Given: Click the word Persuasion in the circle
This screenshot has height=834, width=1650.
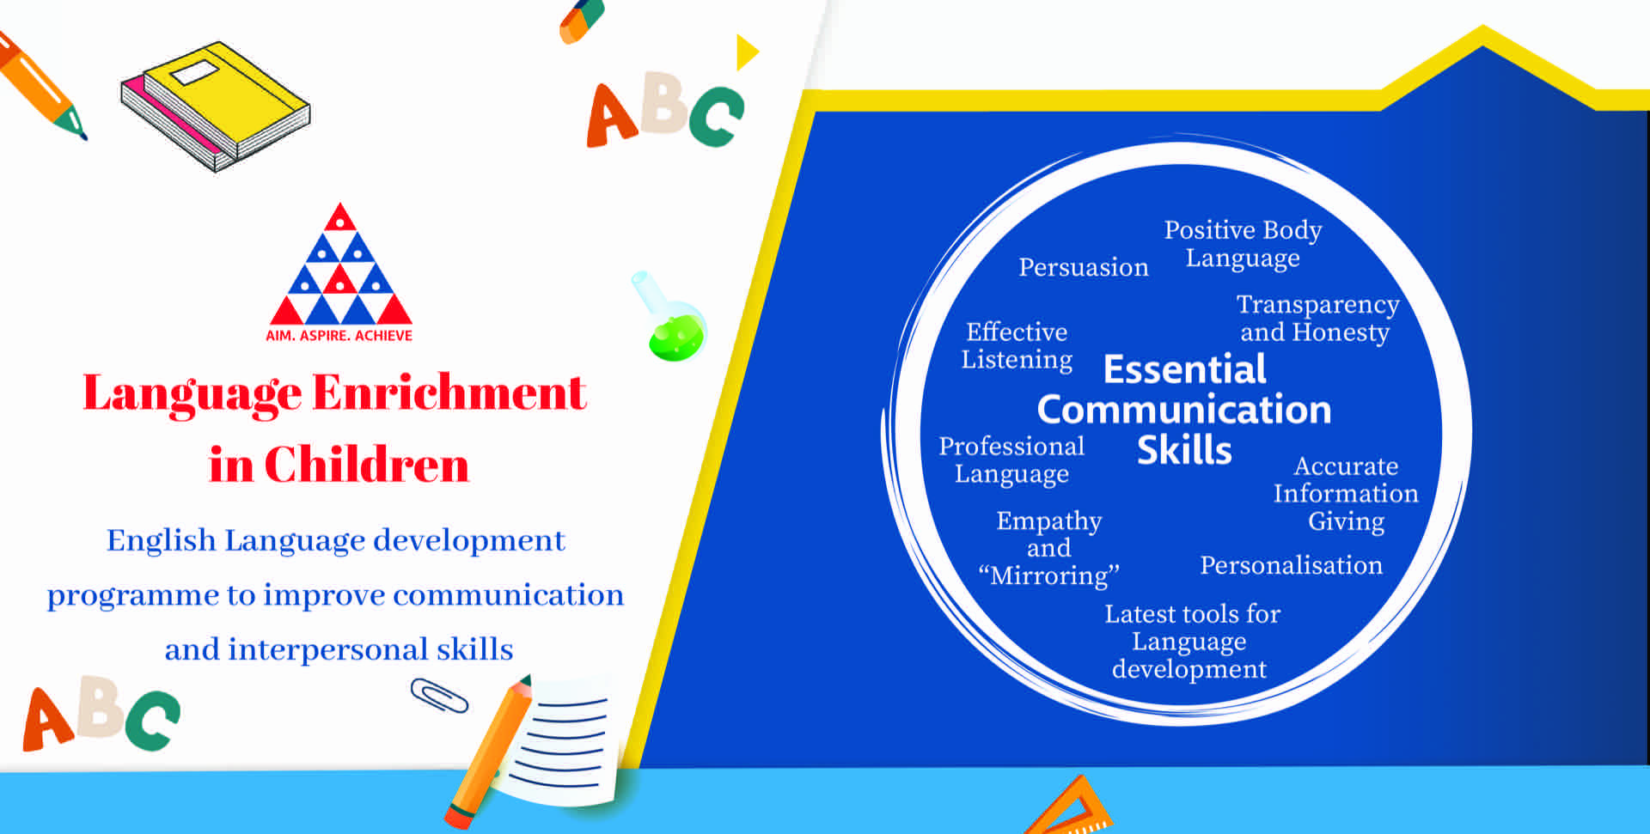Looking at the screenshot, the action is click(1084, 267).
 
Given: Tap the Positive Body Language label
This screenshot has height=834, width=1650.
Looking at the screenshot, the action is click(1243, 244).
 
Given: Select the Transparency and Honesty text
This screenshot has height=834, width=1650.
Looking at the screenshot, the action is click(1317, 318).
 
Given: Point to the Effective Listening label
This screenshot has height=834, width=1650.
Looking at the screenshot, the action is click(1017, 345).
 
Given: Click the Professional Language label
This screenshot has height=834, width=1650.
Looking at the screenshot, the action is click(1011, 460).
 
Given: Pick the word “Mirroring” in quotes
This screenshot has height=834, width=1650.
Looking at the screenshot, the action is click(1048, 575).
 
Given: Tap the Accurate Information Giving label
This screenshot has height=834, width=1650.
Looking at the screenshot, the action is click(1346, 494).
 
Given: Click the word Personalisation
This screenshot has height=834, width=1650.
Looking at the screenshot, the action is click(1291, 565).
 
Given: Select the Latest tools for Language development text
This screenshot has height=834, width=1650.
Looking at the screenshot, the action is click(1192, 642).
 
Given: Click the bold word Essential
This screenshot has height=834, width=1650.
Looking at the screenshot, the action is click(1184, 369).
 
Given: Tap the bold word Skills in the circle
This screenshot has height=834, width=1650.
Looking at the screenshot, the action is click(1184, 450).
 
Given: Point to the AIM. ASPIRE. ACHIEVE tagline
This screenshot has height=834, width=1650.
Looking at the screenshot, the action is click(339, 336).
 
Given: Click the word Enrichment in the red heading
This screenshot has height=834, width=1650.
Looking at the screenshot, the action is click(449, 393).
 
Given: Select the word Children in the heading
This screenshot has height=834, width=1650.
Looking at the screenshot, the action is click(366, 466).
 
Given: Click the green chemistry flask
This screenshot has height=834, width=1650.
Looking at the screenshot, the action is click(669, 318).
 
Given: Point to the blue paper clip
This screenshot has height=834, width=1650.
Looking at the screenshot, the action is click(439, 696).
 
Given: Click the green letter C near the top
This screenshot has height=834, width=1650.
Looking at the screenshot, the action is click(716, 117).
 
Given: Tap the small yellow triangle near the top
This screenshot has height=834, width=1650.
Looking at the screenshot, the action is click(746, 52).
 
